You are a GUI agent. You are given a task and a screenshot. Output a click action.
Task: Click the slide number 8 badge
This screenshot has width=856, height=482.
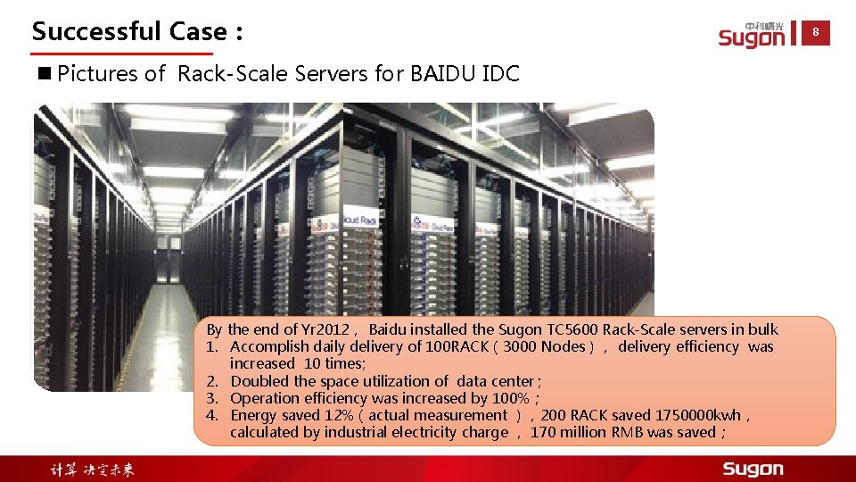[x=815, y=33]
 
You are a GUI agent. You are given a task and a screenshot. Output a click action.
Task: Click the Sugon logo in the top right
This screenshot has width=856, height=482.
[x=752, y=35]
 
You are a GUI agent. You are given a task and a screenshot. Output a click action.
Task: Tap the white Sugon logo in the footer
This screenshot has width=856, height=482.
[x=753, y=470]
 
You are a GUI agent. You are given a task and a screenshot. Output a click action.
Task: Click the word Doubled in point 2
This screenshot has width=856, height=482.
[x=259, y=381]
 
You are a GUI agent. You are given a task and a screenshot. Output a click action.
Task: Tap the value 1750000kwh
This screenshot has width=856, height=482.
[x=697, y=415]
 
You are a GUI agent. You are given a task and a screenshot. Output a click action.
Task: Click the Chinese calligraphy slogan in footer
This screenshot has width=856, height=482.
[x=92, y=470]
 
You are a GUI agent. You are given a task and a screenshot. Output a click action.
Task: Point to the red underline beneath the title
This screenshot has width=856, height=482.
[x=122, y=54]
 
